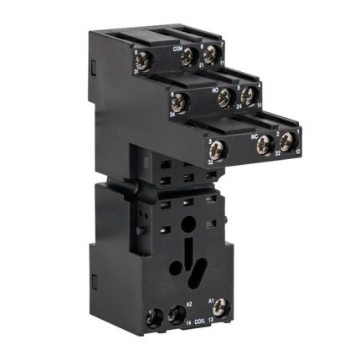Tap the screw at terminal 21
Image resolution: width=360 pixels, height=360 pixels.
(189, 57)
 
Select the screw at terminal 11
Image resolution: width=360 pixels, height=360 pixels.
(210, 54)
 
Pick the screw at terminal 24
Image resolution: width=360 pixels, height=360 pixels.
(224, 99)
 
